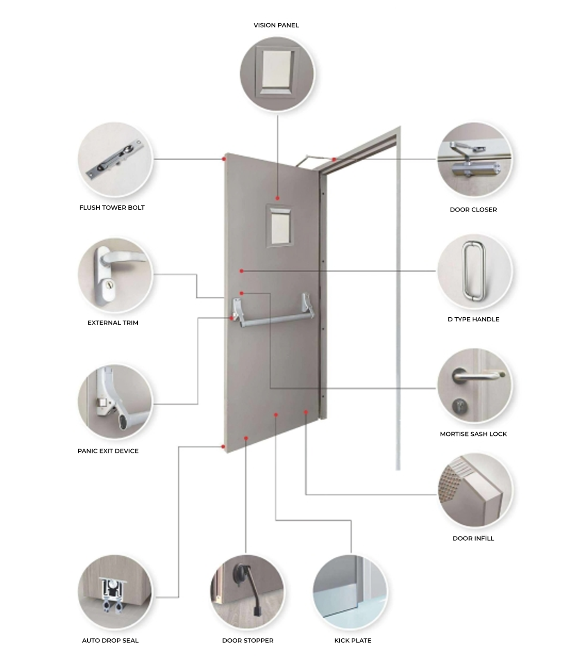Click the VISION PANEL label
point(276,25)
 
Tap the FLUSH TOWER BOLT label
point(112,207)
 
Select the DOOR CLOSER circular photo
point(475,160)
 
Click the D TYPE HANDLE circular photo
point(475,271)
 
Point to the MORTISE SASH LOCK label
point(473,434)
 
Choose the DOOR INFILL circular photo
point(475,490)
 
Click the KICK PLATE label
point(352,640)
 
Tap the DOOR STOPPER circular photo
point(247,592)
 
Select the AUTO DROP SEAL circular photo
point(115,592)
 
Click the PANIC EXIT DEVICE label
point(108,451)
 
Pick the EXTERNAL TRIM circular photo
point(115,275)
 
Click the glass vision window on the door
point(280,226)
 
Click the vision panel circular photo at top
point(277,74)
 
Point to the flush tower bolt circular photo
point(115,159)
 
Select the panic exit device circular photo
point(115,402)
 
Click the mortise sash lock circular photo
point(475,386)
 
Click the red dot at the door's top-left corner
point(224,159)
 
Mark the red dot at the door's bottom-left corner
point(223,446)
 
